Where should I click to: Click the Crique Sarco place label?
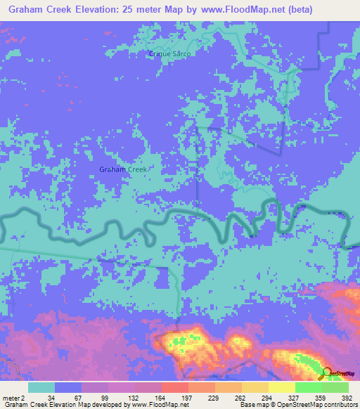(169, 53)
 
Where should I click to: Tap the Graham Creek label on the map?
(123, 169)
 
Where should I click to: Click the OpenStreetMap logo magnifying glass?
(328, 374)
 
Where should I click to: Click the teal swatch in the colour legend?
(41, 387)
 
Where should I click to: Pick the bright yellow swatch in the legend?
(282, 387)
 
